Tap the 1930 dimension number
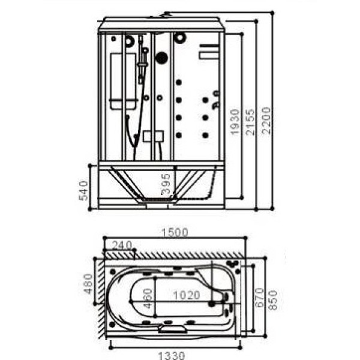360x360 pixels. click(x=235, y=122)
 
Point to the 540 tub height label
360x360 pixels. click(x=84, y=190)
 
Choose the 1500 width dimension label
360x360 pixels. click(x=175, y=232)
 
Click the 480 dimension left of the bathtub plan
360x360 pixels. click(x=89, y=284)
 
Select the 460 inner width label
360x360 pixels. click(x=148, y=298)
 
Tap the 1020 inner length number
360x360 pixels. click(x=187, y=295)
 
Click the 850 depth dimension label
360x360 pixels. click(x=274, y=297)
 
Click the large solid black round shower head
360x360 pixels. click(x=161, y=58)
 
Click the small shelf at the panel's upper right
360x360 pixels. click(x=207, y=55)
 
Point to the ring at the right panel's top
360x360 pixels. click(x=180, y=38)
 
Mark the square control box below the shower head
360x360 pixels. click(x=154, y=137)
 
